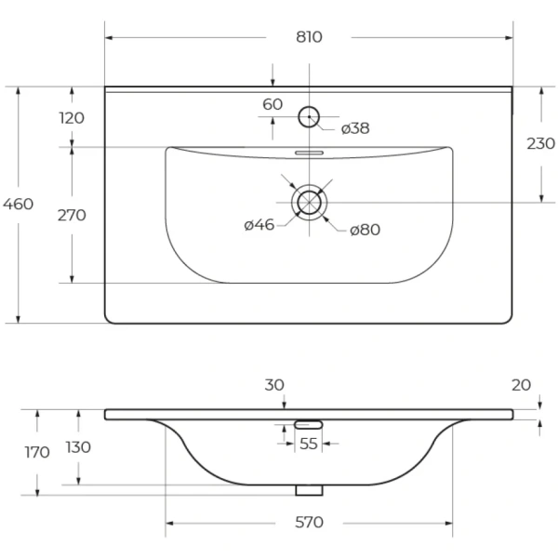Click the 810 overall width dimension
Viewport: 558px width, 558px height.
(309, 37)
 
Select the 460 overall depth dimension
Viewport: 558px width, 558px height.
(19, 205)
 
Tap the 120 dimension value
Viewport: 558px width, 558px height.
(72, 118)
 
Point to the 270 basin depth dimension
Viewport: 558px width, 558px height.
(72, 216)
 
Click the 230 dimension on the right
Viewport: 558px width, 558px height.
(540, 144)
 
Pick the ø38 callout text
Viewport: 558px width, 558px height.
(355, 128)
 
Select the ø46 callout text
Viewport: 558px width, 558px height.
(259, 225)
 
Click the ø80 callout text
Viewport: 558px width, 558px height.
(365, 230)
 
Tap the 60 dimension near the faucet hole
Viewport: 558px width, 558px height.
(272, 104)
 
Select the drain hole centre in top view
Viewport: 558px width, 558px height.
(309, 202)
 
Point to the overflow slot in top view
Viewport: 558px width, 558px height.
(309, 153)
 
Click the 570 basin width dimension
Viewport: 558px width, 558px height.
(309, 523)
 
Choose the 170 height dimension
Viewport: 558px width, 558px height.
(37, 452)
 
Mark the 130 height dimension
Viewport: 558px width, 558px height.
(78, 447)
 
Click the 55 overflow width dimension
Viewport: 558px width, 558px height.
(308, 444)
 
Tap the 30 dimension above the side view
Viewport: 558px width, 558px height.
(274, 385)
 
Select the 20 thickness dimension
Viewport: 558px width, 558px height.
(522, 385)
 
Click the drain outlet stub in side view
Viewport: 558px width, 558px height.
(309, 490)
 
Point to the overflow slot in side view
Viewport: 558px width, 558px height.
(308, 425)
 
